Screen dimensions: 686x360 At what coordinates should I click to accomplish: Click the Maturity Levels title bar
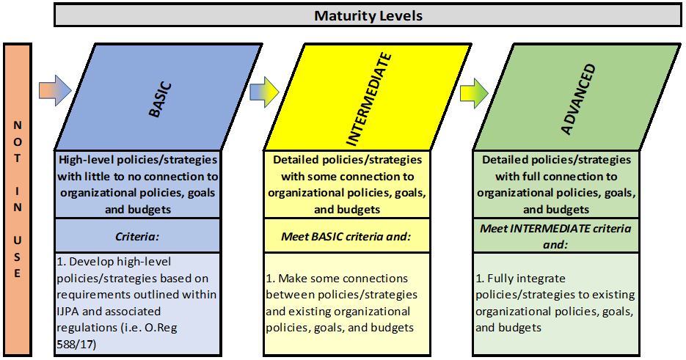368,15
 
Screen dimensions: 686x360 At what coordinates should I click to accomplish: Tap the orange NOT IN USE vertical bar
18,199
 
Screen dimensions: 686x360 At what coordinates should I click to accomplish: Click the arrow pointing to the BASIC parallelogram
55,90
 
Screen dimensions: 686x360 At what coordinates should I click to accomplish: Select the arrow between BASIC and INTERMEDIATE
264,92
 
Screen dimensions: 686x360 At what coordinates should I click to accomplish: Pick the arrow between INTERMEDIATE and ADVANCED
474,93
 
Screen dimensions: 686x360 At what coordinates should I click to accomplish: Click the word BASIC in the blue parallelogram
160,100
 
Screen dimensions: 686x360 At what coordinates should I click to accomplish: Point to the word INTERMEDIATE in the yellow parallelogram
368,99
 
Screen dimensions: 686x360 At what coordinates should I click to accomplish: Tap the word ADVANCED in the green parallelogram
578,99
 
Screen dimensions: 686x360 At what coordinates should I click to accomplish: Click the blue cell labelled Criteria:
137,236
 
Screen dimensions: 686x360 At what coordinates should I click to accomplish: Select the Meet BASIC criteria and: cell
346,236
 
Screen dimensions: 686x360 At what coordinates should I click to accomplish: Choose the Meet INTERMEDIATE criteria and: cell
555,236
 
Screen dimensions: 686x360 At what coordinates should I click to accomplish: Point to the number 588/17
76,345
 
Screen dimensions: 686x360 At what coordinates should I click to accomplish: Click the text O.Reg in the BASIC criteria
161,328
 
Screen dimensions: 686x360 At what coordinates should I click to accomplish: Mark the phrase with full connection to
556,176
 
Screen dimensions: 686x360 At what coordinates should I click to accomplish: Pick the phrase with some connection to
347,176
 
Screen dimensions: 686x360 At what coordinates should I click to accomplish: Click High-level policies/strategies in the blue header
138,160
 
